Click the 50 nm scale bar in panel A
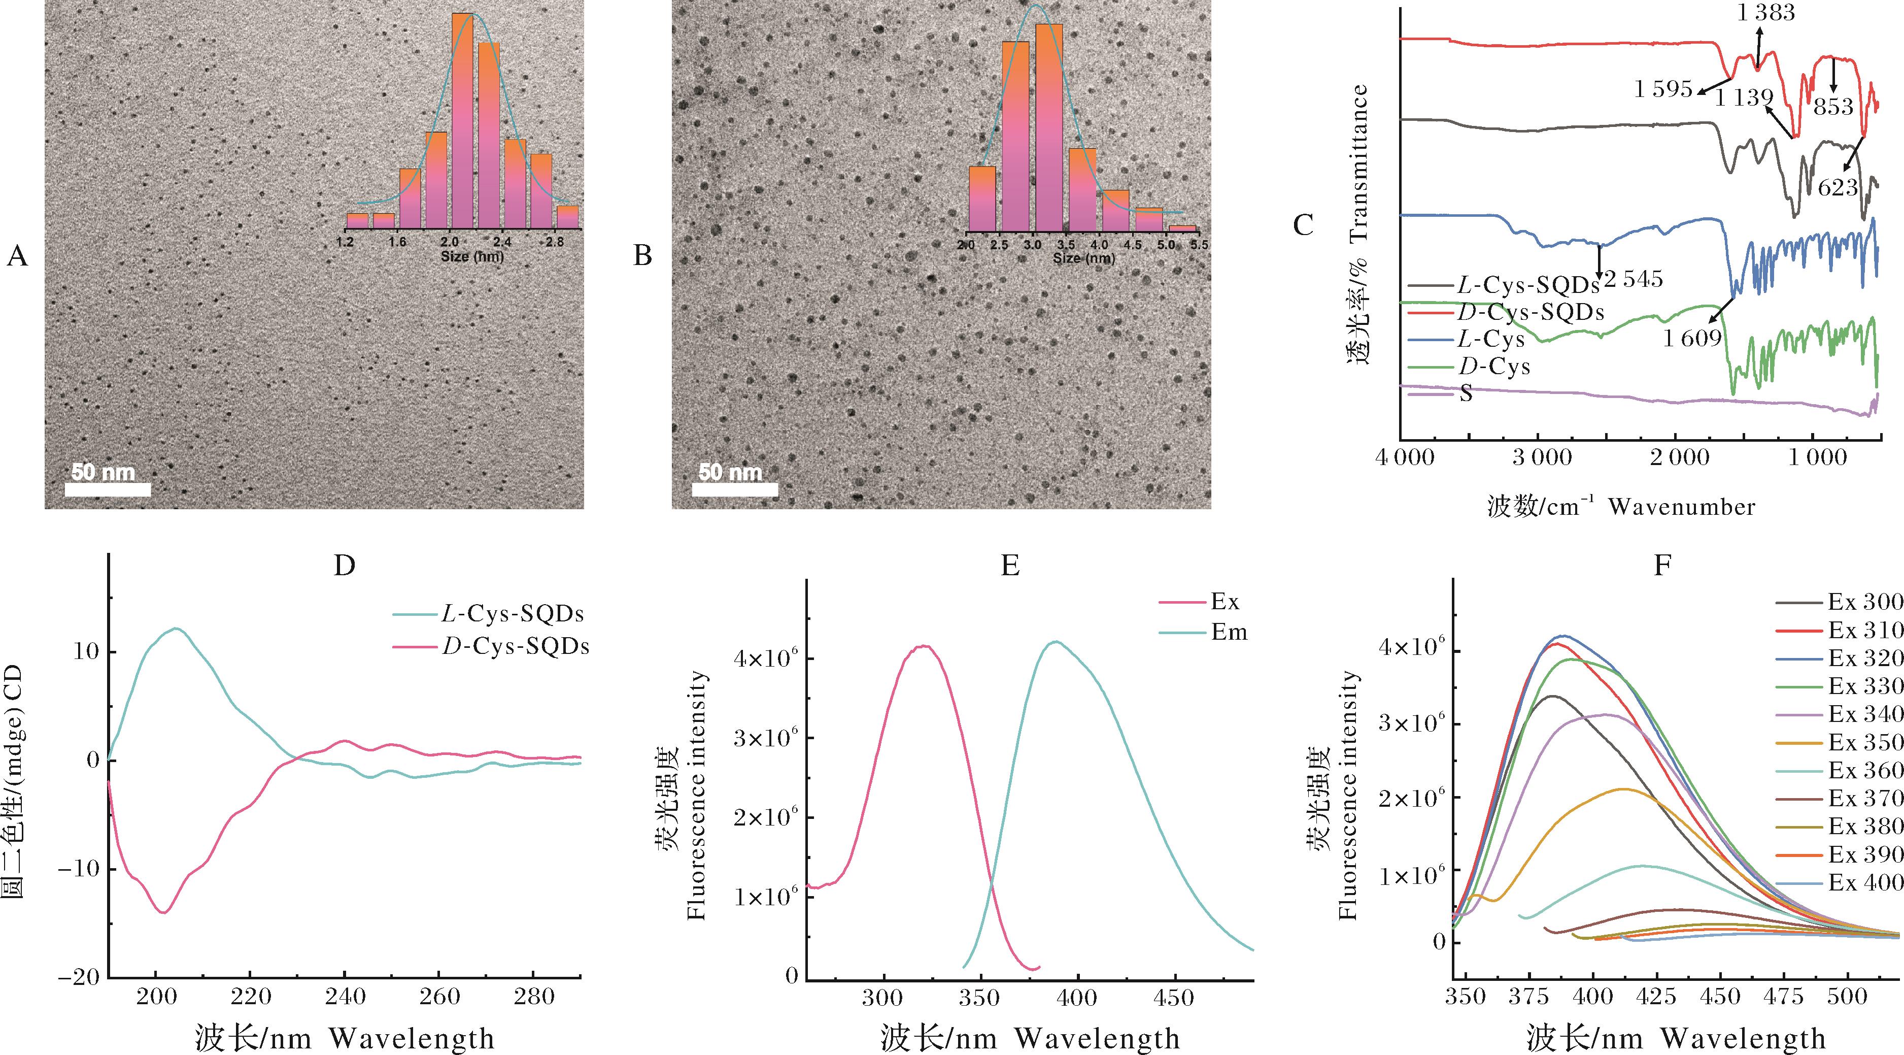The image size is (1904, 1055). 108,489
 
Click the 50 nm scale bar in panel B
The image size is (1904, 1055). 735,489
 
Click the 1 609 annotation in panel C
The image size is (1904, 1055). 1692,339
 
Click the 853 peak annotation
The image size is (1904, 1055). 1833,107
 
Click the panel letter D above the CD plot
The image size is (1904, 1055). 345,566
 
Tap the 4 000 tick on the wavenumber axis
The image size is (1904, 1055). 1404,458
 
